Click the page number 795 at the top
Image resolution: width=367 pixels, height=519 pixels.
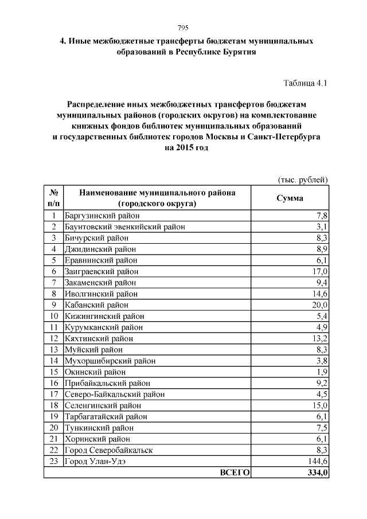(183, 29)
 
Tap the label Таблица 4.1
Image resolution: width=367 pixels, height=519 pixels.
(305, 83)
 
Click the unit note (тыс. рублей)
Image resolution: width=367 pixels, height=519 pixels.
(303, 180)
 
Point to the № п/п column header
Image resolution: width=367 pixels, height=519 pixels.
(53, 198)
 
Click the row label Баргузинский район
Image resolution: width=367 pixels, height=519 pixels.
(102, 216)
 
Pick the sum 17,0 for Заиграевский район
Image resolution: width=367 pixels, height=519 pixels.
(319, 271)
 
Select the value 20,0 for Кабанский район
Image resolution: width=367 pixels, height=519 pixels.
(319, 305)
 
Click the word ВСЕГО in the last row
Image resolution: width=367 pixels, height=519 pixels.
(235, 473)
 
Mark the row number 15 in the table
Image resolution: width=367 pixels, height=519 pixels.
(53, 372)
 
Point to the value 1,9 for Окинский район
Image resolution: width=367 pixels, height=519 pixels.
(322, 372)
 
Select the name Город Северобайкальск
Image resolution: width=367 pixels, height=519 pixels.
(109, 450)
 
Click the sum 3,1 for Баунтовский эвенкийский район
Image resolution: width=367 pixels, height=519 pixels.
(322, 227)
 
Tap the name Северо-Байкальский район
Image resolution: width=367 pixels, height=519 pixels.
(115, 394)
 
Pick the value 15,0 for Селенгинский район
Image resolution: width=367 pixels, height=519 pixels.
(319, 405)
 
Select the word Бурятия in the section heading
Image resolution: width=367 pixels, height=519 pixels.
(235, 52)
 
